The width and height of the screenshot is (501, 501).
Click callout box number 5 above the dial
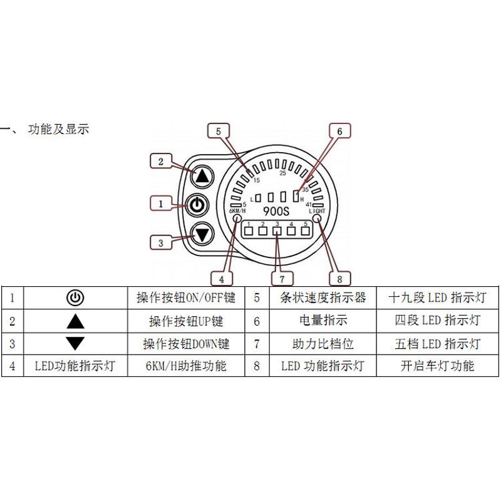click(218, 132)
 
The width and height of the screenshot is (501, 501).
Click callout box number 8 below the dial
click(340, 278)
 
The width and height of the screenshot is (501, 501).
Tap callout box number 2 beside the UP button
click(161, 162)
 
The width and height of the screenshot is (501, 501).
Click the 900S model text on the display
click(275, 212)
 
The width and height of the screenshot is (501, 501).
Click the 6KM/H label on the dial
click(236, 211)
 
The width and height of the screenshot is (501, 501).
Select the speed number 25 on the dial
click(283, 173)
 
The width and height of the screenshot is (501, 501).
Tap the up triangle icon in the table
click(75, 321)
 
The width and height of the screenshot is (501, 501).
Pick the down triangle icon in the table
click(75, 343)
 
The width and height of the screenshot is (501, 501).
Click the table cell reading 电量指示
click(323, 321)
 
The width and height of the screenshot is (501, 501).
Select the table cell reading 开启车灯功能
click(437, 366)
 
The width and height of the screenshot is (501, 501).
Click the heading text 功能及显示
click(59, 130)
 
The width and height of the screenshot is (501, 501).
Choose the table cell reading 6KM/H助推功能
click(185, 366)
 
